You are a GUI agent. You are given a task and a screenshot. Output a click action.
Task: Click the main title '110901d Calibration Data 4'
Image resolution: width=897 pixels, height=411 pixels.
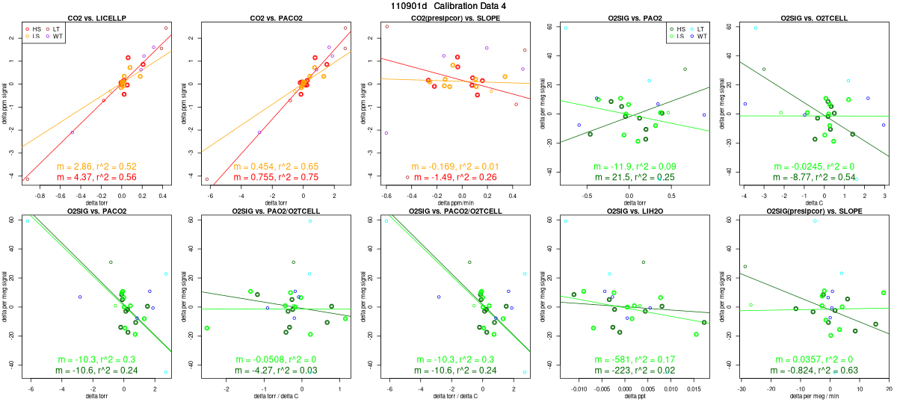point(449,5)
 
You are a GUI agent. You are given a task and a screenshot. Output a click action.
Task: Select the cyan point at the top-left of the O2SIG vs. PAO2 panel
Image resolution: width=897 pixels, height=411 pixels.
point(566,28)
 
